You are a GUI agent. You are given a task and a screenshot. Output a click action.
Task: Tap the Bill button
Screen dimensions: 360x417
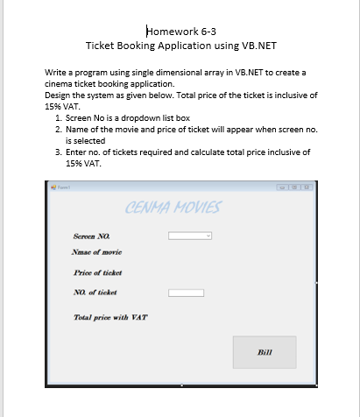(265, 351)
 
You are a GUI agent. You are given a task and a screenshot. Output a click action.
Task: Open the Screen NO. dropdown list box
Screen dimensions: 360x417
(190, 236)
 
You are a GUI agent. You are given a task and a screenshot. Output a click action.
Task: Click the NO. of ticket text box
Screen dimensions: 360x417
(186, 293)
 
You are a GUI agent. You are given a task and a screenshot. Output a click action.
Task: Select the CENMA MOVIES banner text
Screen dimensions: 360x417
(173, 208)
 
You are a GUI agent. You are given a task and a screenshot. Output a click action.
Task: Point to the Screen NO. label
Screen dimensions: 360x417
(92, 236)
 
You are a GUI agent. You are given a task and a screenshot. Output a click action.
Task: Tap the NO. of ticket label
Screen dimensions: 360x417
(95, 292)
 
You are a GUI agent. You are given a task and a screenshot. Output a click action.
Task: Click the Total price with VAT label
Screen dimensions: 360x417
(110, 317)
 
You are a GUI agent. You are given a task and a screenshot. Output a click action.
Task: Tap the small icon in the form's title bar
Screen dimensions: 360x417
(53, 187)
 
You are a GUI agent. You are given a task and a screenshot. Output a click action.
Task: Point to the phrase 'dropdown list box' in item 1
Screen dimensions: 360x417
(162, 117)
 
